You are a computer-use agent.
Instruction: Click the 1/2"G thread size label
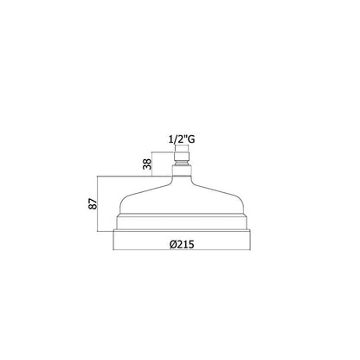[182, 140]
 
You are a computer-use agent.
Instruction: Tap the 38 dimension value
[147, 164]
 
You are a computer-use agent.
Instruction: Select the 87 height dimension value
[93, 203]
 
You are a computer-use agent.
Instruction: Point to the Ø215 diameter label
[182, 244]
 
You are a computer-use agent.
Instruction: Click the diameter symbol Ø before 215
[173, 245]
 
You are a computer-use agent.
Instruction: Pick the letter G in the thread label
[191, 140]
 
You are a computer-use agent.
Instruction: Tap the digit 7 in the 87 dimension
[93, 201]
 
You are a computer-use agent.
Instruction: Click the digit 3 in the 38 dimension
[147, 167]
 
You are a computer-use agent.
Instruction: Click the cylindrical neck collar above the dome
[182, 170]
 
